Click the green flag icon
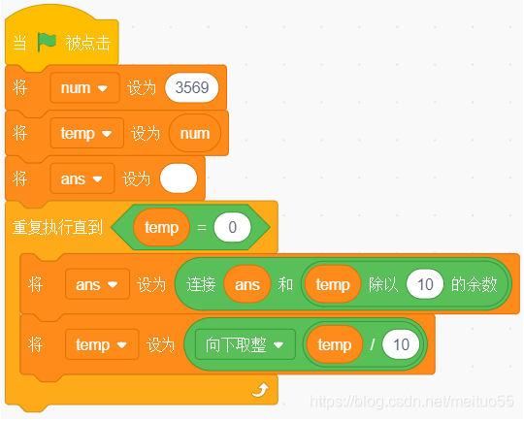(47, 42)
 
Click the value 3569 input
(192, 87)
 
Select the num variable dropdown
(84, 87)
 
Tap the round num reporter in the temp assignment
(195, 133)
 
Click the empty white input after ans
(179, 179)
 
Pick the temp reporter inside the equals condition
(161, 227)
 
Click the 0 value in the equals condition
(232, 227)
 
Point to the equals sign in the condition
(202, 227)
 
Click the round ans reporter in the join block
(247, 284)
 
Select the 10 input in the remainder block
(425, 284)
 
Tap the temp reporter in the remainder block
(333, 284)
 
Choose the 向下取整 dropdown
(246, 344)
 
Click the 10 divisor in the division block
(401, 344)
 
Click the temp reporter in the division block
(335, 344)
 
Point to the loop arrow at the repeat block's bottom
(260, 390)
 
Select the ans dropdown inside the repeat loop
(97, 284)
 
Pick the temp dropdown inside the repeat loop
(102, 344)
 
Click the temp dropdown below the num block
(87, 133)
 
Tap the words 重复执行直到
(57, 227)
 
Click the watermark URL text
(411, 401)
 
